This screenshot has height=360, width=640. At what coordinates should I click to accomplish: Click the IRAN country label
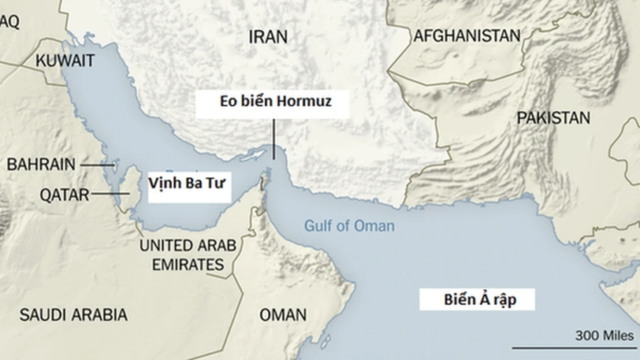(x=267, y=37)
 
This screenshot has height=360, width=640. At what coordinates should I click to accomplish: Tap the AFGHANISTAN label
(x=466, y=36)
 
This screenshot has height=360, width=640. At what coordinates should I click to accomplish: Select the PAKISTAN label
(x=552, y=118)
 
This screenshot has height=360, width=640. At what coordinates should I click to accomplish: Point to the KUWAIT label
(x=65, y=60)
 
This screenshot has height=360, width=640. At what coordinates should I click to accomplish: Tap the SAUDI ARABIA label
(x=73, y=315)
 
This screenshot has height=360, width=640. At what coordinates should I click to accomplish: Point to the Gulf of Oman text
(x=349, y=226)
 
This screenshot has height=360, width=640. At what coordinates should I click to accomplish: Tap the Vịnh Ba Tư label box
(x=187, y=184)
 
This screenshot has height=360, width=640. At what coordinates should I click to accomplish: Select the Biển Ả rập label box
(x=476, y=301)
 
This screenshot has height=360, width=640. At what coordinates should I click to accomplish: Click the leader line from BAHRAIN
(x=97, y=165)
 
